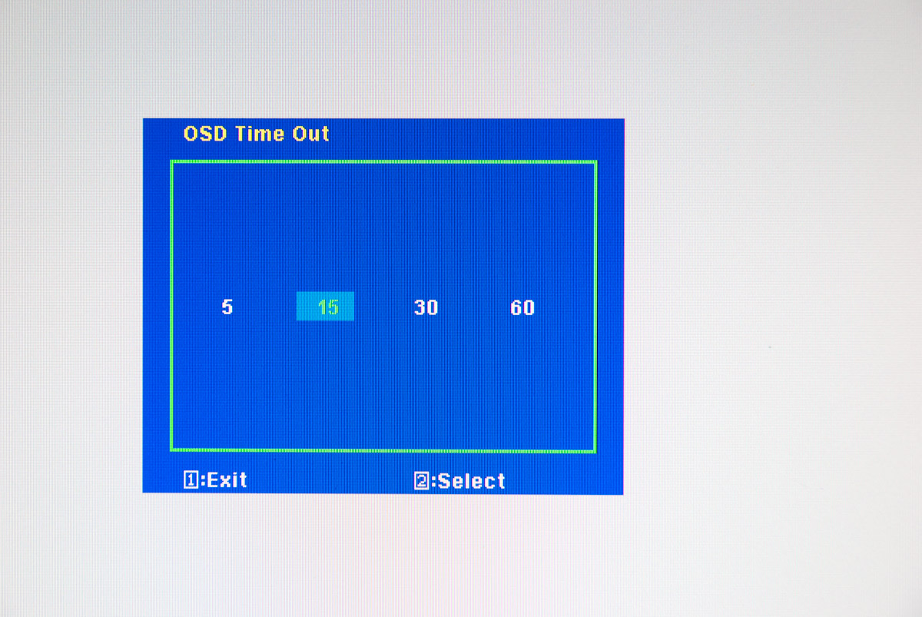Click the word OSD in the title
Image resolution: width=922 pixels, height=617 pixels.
pos(205,134)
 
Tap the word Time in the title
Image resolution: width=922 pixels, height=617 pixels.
pos(260,134)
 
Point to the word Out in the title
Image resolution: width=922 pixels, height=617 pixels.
pos(310,134)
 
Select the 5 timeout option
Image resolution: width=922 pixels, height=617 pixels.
pos(227,307)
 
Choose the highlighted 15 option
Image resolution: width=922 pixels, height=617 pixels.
pos(325,307)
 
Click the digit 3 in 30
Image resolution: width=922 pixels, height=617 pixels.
pos(420,307)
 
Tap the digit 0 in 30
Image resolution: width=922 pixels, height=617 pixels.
pos(432,307)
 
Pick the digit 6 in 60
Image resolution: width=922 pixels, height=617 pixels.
pos(516,307)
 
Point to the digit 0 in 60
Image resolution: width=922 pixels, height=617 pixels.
pos(529,307)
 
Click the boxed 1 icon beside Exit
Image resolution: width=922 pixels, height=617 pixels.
pos(191,479)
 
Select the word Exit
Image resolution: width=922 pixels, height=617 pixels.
pos(227,480)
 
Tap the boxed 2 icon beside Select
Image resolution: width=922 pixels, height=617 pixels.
pos(422,481)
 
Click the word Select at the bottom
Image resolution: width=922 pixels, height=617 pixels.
pos(471,481)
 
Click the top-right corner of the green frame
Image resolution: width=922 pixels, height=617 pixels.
pos(595,162)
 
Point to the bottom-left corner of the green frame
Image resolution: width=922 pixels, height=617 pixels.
pos(171,449)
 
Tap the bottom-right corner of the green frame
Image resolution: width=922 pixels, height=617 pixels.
pos(595,452)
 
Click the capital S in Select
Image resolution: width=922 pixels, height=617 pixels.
pos(444,481)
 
